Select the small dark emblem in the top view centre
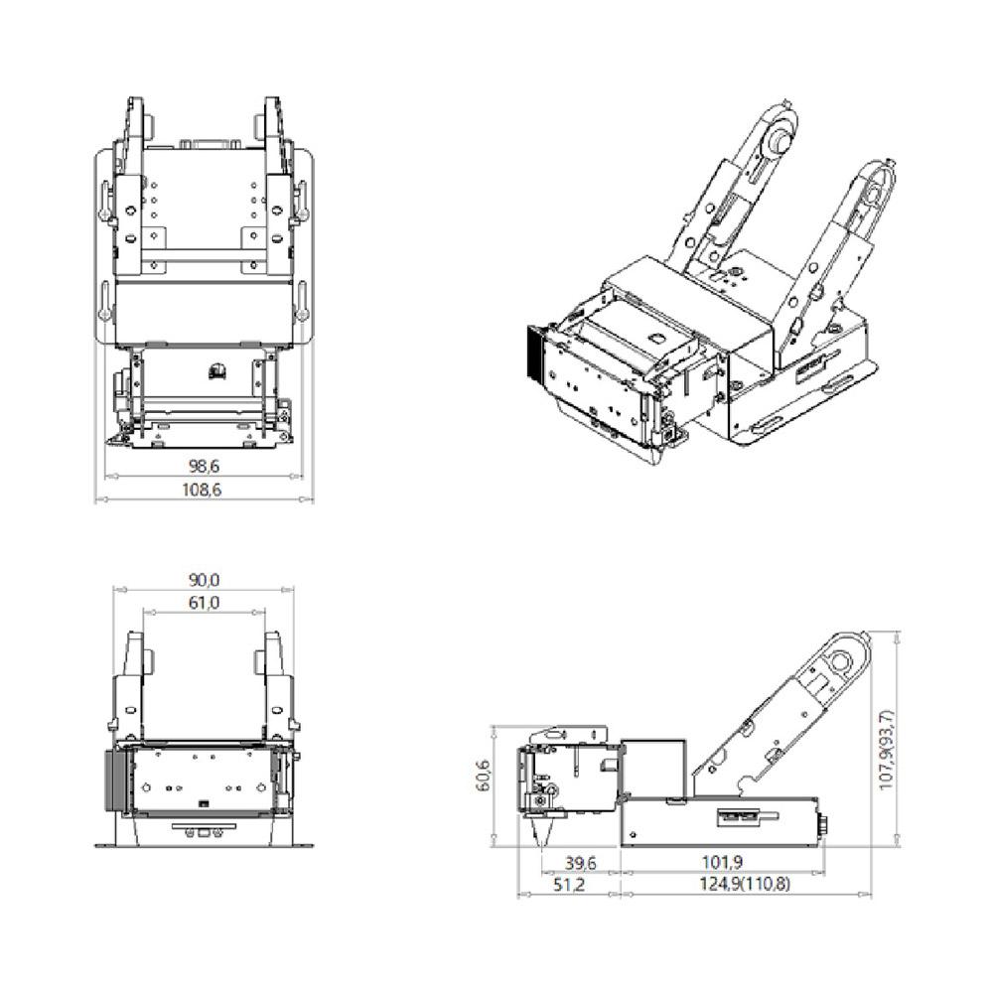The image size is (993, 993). coord(217,371)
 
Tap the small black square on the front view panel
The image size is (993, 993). coord(204,802)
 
